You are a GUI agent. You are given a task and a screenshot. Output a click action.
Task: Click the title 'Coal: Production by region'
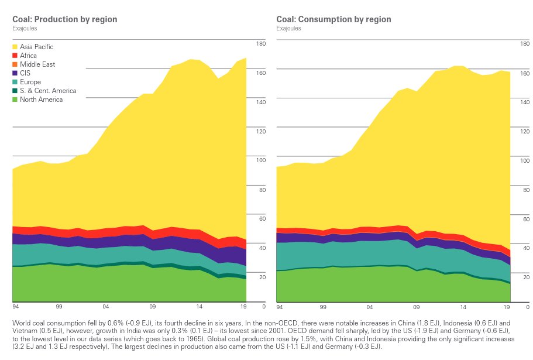pyautogui.click(x=64, y=19)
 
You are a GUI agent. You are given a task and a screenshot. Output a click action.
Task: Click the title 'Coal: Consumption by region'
pyautogui.click(x=333, y=19)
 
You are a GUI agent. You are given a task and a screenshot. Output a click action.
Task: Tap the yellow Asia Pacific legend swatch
pyautogui.click(x=15, y=47)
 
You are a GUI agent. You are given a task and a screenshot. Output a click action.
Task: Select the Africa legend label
pyautogui.click(x=28, y=56)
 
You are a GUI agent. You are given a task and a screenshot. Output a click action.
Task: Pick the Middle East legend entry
pyautogui.click(x=37, y=64)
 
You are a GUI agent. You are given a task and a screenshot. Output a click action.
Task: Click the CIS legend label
pyautogui.click(x=25, y=73)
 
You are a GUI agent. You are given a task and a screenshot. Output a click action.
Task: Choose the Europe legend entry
pyautogui.click(x=30, y=82)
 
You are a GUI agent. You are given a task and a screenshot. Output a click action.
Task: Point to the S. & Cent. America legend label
pyautogui.click(x=48, y=91)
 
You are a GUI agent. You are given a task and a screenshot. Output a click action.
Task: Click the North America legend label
pyautogui.click(x=41, y=100)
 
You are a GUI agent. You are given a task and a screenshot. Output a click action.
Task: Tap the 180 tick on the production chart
pyautogui.click(x=261, y=44)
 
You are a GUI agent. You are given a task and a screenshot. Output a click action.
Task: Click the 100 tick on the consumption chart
pyautogui.click(x=525, y=160)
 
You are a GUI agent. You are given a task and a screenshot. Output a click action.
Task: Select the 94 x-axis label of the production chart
pyautogui.click(x=15, y=306)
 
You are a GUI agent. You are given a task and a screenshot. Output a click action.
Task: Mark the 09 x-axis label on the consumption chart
pyautogui.click(x=416, y=306)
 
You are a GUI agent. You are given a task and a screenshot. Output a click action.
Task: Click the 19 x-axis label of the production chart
pyautogui.click(x=243, y=306)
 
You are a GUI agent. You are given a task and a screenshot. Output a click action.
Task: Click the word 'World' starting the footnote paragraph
pyautogui.click(x=20, y=323)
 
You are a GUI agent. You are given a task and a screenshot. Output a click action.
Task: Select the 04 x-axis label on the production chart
pyautogui.click(x=105, y=306)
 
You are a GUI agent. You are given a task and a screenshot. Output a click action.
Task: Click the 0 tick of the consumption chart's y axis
pyautogui.click(x=527, y=306)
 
